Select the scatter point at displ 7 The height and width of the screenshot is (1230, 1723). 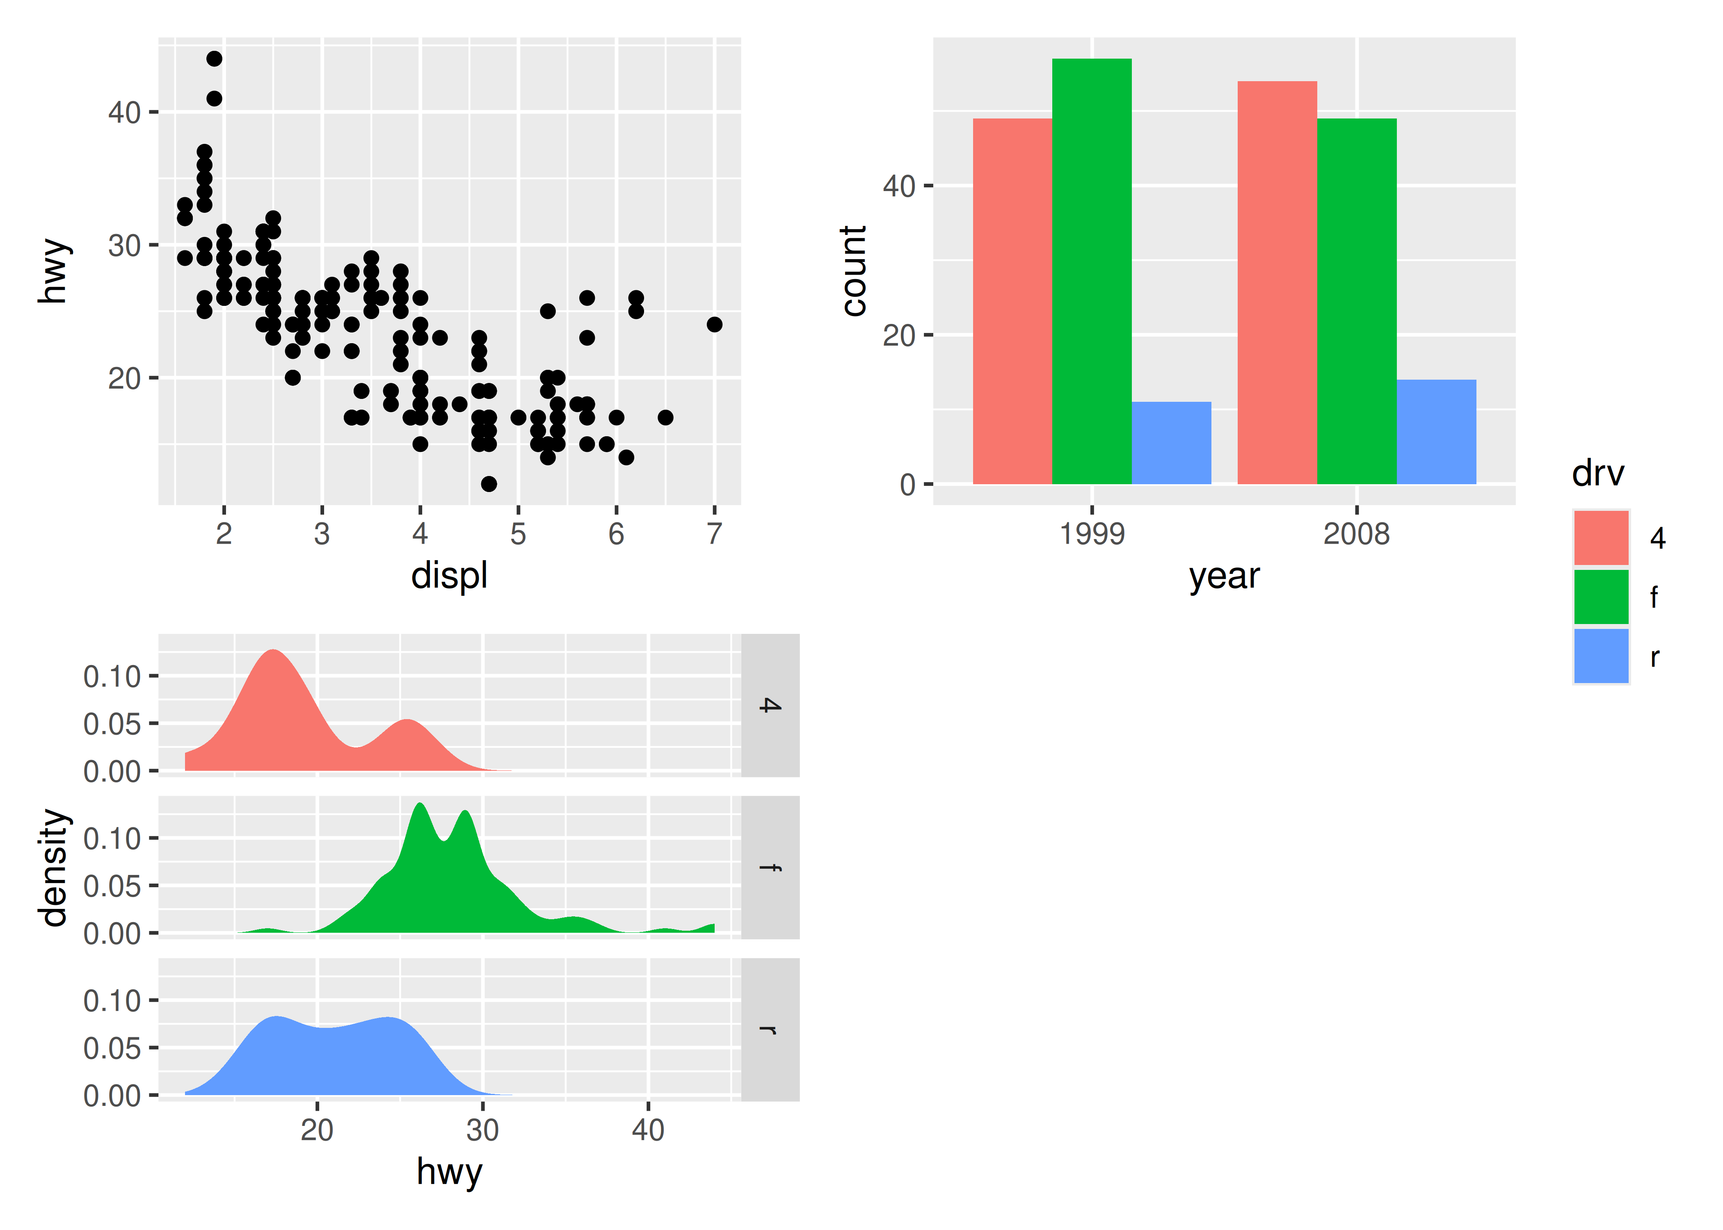tap(714, 324)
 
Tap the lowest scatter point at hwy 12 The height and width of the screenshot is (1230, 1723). tap(489, 483)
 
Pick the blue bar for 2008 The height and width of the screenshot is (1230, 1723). tap(1436, 432)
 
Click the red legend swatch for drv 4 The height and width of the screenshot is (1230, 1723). tap(1600, 538)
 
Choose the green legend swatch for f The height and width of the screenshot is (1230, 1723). tap(1600, 597)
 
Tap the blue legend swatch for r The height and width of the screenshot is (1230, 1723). tap(1600, 656)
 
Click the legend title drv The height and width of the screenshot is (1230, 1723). tap(1597, 474)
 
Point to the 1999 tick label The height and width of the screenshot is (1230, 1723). tap(1091, 534)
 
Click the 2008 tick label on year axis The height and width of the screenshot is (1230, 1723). tap(1356, 534)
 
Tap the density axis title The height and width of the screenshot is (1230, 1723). tap(55, 867)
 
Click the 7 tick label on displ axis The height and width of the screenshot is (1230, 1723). tap(714, 534)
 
